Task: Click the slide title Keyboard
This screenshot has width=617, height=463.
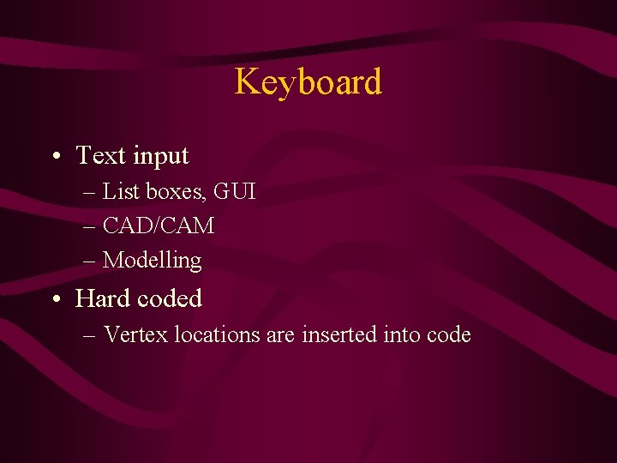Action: click(x=308, y=82)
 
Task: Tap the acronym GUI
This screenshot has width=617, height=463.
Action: click(x=235, y=191)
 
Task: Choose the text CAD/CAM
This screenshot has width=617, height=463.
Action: click(x=159, y=226)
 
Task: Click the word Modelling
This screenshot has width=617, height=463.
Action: click(x=152, y=261)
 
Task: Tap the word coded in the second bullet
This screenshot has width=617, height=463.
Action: click(x=169, y=298)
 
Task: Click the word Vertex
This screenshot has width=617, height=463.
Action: click(x=135, y=334)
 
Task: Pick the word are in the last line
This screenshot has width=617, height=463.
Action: click(x=280, y=335)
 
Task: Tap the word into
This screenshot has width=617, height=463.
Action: click(x=401, y=334)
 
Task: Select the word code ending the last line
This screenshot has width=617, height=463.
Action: click(x=448, y=334)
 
